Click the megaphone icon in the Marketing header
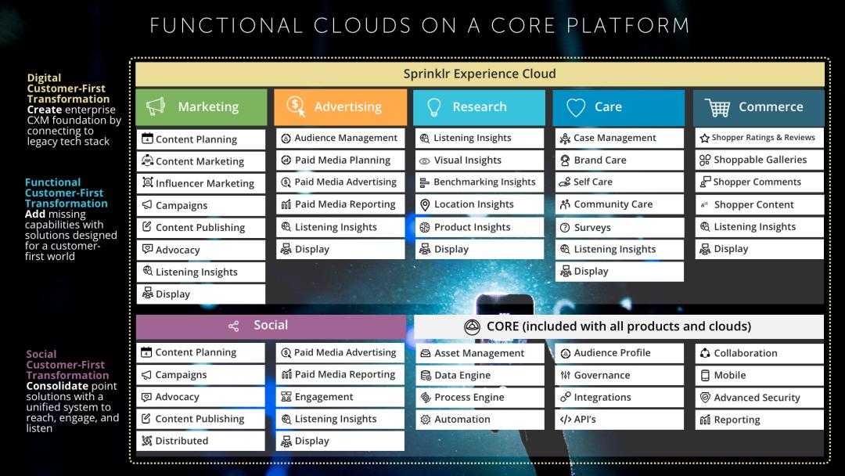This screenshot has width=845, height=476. click(156, 106)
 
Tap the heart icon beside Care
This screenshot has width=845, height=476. click(576, 107)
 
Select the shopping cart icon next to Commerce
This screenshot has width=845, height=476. click(717, 107)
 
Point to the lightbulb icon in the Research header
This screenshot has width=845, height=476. click(433, 107)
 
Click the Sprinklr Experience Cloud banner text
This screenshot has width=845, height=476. click(480, 74)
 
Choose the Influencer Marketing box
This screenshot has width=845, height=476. click(201, 183)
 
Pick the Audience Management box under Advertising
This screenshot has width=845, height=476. click(340, 138)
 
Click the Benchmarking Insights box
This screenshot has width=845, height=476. click(480, 182)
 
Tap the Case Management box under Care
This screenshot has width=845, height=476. click(619, 138)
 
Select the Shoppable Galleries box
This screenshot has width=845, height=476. click(759, 160)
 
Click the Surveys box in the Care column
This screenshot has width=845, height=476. click(619, 228)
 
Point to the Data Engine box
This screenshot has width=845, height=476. click(480, 375)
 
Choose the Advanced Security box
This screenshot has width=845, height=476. click(759, 398)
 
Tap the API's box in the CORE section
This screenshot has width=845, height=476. click(619, 420)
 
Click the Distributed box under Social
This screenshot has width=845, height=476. click(200, 441)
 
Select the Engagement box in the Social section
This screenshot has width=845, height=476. click(340, 397)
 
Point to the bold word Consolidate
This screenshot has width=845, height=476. click(57, 386)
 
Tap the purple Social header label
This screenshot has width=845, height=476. click(271, 326)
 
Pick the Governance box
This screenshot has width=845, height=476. click(619, 375)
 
